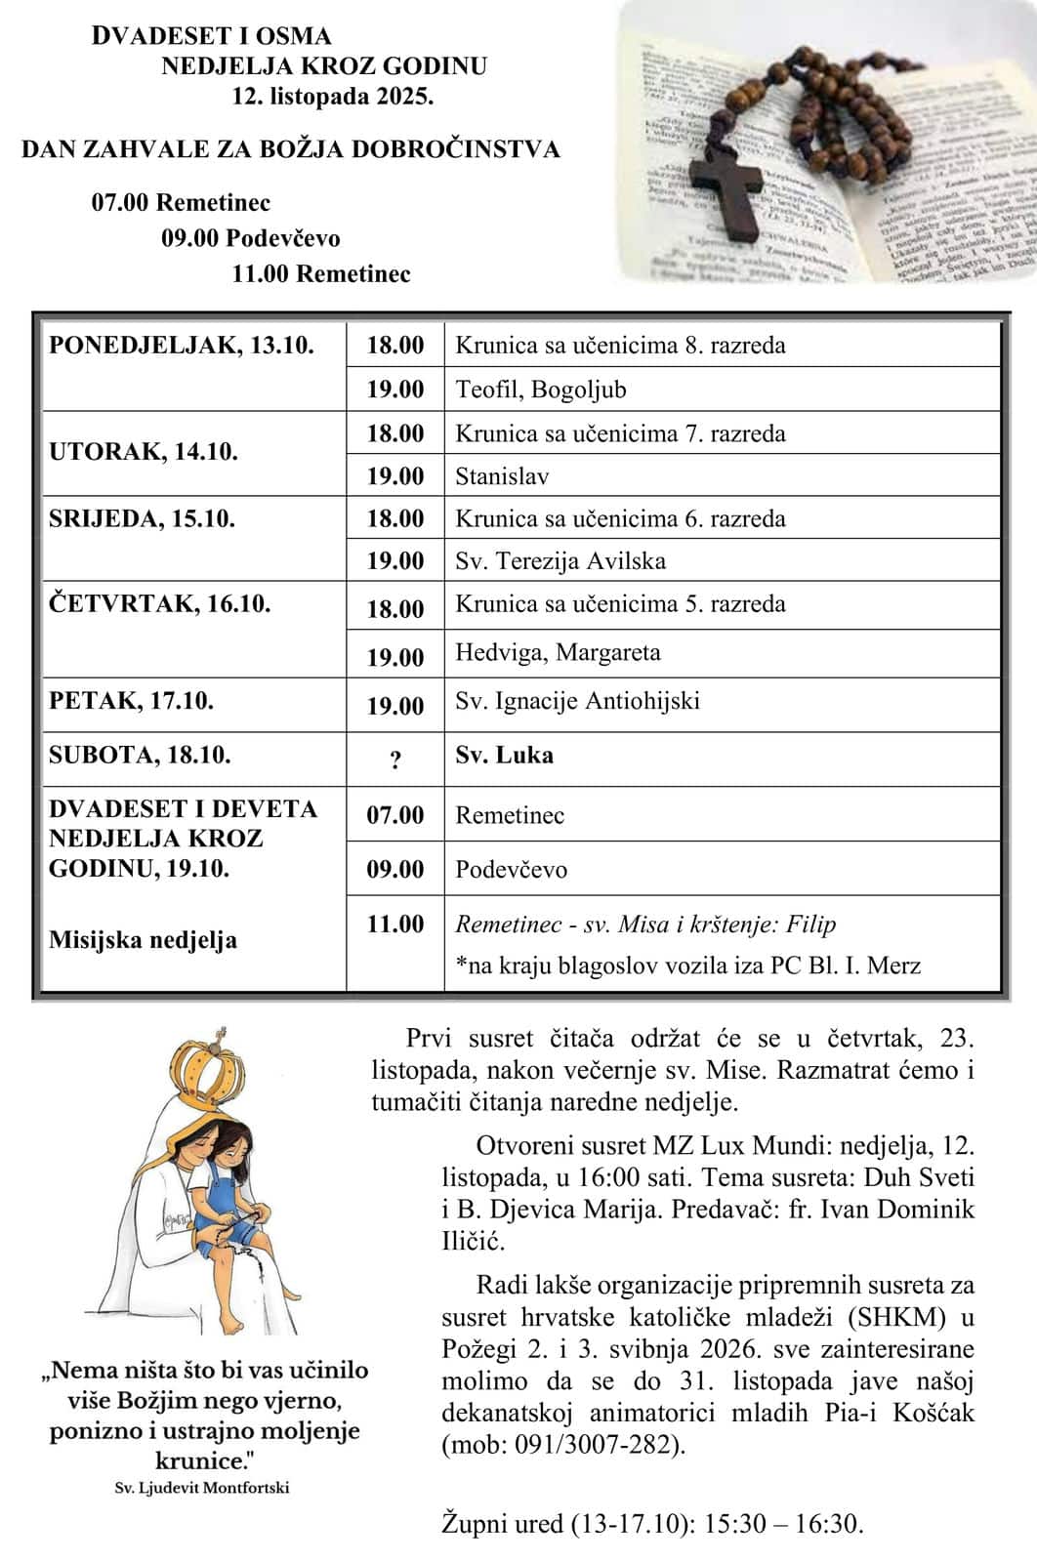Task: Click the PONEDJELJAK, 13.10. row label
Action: pos(182,345)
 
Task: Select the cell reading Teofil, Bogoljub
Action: pos(541,390)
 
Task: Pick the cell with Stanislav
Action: pos(502,476)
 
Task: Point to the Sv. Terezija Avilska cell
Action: pos(560,561)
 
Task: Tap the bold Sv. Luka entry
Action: pos(504,755)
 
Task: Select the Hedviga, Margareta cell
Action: pos(558,652)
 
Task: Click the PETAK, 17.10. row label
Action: pos(132,701)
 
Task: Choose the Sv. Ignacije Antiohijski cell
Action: pos(577,701)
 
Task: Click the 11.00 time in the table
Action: pos(395,924)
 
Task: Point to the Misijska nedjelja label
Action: pos(143,940)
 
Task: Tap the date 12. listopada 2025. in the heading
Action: pos(332,97)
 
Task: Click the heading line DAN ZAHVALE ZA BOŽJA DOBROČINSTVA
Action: pos(291,149)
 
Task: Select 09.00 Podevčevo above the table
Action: pos(251,238)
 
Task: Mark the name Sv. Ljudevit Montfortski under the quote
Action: pos(202,1488)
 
